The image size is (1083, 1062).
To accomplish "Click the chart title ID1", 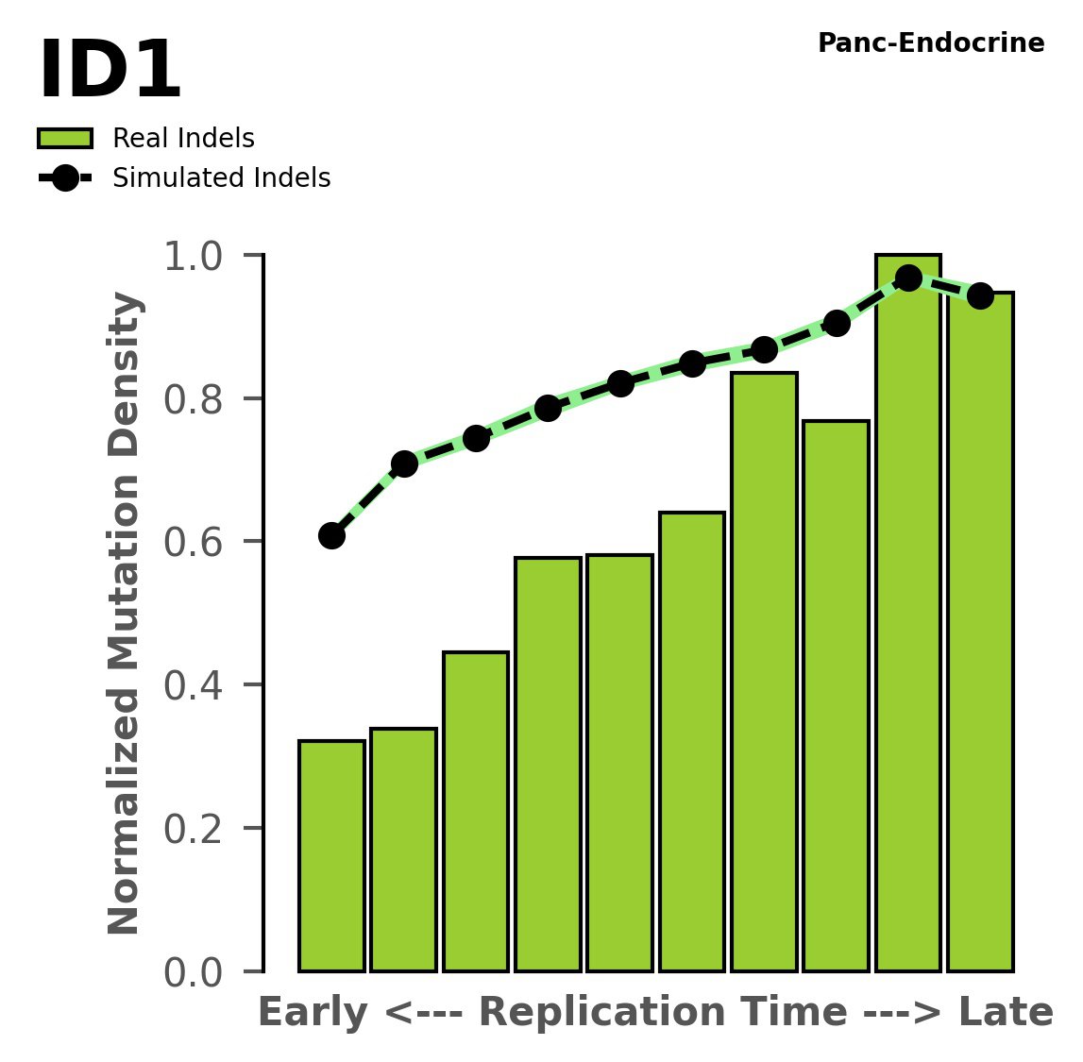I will tap(109, 72).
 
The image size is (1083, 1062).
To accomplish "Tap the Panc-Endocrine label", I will tap(930, 43).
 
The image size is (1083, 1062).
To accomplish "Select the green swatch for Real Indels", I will tap(65, 139).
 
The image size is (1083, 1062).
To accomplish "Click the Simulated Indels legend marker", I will tap(65, 178).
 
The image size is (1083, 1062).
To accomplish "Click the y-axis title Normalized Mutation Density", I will tap(125, 613).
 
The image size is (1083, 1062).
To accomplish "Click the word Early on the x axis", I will tap(314, 1013).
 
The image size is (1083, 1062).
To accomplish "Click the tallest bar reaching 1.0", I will tap(907, 614).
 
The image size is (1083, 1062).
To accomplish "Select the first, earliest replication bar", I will tap(331, 855).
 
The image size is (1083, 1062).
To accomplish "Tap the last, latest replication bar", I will tap(980, 632).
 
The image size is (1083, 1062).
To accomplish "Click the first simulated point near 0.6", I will tap(331, 536).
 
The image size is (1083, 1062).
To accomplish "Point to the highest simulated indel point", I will tap(908, 278).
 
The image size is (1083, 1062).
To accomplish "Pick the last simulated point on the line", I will tap(980, 295).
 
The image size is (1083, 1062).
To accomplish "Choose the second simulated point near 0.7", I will tap(404, 464).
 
